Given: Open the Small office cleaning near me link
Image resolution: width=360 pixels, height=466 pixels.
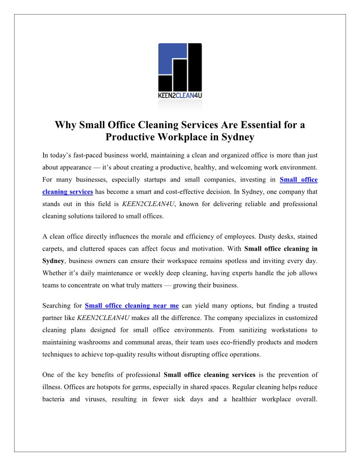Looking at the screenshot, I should coord(131,306).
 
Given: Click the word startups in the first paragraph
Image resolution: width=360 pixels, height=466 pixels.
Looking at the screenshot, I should coord(155,180).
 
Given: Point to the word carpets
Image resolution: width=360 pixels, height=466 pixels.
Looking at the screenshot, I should coord(53,249).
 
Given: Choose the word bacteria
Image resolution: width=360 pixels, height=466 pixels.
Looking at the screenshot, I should coord(54,399).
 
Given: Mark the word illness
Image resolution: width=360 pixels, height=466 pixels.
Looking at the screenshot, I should coord(52,387).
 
